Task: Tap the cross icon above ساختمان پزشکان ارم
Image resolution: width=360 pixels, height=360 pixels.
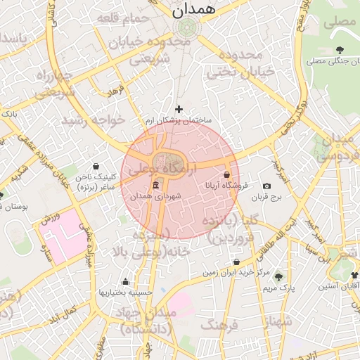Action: point(179,109)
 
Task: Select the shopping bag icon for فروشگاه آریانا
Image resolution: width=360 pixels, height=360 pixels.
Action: point(226,174)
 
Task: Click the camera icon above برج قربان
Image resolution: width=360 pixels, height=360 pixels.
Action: point(266,186)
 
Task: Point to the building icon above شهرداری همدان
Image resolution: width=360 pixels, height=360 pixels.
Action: point(155,186)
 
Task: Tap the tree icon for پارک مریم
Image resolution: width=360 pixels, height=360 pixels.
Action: point(278,276)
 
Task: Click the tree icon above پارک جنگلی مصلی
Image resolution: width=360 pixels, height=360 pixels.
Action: point(340,49)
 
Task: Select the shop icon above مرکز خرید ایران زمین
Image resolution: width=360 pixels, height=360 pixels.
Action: point(236,262)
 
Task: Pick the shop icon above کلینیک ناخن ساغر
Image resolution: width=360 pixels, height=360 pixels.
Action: point(96,166)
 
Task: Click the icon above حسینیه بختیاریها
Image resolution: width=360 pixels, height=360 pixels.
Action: point(126,281)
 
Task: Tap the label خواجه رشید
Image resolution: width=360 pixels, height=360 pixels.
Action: point(93,120)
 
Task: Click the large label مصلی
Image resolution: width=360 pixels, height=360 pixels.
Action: point(340,21)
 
